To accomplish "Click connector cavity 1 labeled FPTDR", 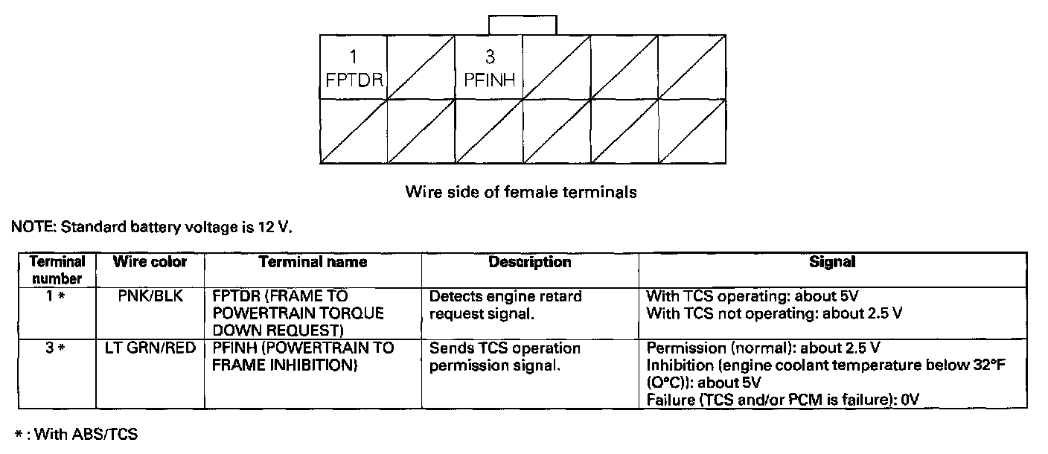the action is click(x=354, y=68).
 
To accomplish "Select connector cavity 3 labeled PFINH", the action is click(x=489, y=68).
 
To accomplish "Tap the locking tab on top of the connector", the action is click(x=522, y=25).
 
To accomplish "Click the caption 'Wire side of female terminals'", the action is click(x=520, y=192).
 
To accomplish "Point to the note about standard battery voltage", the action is click(x=152, y=227).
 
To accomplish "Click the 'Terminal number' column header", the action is click(x=57, y=270).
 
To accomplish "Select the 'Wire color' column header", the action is click(x=150, y=262).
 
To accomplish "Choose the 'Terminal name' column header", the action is click(x=313, y=262).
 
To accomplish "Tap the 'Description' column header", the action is click(x=530, y=262).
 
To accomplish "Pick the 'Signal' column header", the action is click(x=832, y=262).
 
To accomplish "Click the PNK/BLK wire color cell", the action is click(x=150, y=296).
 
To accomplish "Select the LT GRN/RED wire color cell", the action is click(x=150, y=348).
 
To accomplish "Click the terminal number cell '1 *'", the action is click(x=57, y=296).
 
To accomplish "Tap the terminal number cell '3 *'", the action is click(x=57, y=348).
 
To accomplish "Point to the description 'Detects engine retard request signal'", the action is click(x=506, y=305).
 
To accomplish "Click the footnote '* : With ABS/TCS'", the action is click(x=77, y=434).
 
